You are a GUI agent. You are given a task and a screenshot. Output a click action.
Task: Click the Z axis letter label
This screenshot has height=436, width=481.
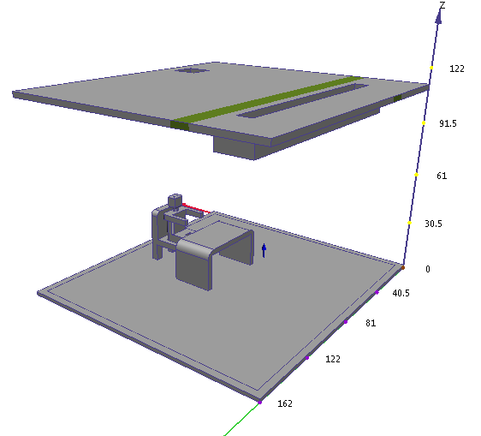pyautogui.click(x=442, y=5)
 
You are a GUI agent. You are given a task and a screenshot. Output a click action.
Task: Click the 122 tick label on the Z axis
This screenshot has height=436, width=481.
pyautogui.click(x=457, y=69)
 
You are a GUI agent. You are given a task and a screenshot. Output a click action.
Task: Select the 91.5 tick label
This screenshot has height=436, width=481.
pyautogui.click(x=448, y=123)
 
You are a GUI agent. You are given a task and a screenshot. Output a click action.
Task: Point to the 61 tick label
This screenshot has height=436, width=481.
pyautogui.click(x=442, y=176)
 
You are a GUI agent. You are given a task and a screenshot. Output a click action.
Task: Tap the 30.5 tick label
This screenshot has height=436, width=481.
pyautogui.click(x=433, y=224)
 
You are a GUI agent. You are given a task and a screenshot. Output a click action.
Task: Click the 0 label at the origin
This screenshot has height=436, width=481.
pyautogui.click(x=428, y=269)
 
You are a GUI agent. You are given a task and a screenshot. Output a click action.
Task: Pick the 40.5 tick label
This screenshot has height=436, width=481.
pyautogui.click(x=401, y=293)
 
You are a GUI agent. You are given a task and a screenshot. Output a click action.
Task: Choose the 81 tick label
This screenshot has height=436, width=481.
pyautogui.click(x=371, y=323)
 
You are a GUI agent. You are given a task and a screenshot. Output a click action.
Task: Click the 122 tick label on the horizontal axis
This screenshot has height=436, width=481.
pyautogui.click(x=333, y=359)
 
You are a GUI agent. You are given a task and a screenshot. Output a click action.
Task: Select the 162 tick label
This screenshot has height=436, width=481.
pyautogui.click(x=285, y=403)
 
